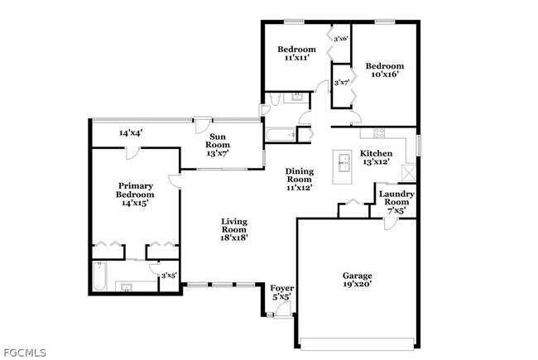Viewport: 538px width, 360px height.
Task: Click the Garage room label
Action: tap(358, 275)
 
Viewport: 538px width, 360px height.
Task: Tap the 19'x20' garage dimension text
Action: tap(358, 284)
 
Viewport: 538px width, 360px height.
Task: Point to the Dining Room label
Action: tap(299, 175)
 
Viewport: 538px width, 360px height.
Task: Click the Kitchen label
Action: tap(376, 153)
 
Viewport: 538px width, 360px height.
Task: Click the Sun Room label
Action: tap(219, 140)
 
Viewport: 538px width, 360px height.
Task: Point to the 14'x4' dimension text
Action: tap(131, 132)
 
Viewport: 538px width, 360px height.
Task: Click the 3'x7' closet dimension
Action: tap(341, 82)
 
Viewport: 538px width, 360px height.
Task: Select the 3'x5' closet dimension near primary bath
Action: tap(168, 276)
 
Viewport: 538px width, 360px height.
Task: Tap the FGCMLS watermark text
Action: tap(24, 353)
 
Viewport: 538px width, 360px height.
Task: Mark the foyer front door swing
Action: tap(284, 310)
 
